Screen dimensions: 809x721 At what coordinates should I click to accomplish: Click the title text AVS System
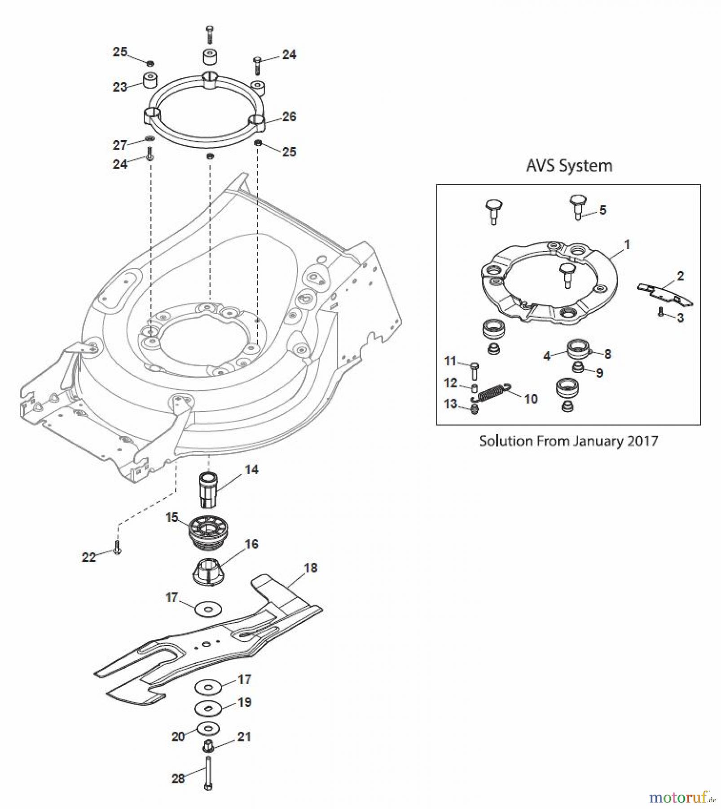pos(569,166)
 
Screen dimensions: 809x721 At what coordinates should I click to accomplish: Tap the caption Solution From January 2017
pos(568,440)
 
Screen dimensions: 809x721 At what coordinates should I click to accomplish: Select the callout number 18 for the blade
pos(311,568)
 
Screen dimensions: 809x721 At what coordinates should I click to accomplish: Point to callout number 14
pos(251,470)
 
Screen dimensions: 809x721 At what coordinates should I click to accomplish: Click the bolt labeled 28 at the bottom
pos(208,773)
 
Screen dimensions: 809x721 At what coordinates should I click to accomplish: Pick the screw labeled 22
pos(117,547)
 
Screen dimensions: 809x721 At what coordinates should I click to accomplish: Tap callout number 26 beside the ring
pos(289,117)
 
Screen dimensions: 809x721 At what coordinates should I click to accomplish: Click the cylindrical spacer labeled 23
pos(150,80)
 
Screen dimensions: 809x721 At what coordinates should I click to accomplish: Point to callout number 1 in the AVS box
pos(627,244)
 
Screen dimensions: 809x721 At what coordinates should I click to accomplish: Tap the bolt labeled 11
pos(475,371)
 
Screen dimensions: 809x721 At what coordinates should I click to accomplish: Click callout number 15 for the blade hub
pos(172,517)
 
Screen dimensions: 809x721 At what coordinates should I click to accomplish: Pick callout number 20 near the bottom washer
pos(178,737)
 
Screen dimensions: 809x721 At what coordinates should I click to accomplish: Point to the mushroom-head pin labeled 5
pos(578,206)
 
